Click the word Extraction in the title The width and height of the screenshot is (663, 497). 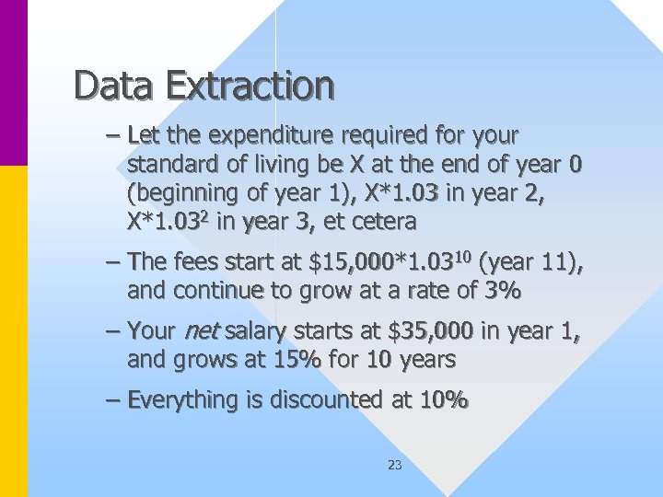coord(250,86)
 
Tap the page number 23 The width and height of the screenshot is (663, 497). coord(394,465)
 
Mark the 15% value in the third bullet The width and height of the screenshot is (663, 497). coord(297,359)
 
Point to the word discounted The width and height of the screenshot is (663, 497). coord(308,400)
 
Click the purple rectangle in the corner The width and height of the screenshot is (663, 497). coord(14,83)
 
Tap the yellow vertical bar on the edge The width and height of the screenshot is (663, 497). coord(14,331)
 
